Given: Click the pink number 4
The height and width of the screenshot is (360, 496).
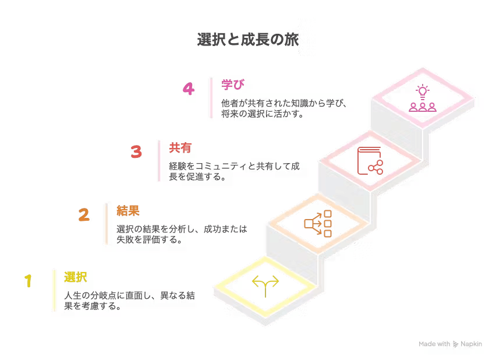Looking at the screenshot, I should pyautogui.click(x=188, y=89).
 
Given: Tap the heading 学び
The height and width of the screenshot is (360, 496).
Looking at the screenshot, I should pyautogui.click(x=233, y=84).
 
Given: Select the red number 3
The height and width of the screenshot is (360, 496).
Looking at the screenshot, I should pyautogui.click(x=136, y=153).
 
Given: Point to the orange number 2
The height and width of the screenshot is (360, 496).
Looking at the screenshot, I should pyautogui.click(x=84, y=216).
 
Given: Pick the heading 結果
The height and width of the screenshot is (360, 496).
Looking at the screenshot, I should pyautogui.click(x=128, y=211).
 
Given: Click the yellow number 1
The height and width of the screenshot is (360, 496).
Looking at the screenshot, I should pyautogui.click(x=28, y=282).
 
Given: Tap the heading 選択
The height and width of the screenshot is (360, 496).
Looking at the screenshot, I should pyautogui.click(x=76, y=277).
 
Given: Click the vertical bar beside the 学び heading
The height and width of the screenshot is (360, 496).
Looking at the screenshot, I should pyautogui.click(x=210, y=98).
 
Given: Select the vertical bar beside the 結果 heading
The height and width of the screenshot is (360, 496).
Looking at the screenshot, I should pyautogui.click(x=106, y=224).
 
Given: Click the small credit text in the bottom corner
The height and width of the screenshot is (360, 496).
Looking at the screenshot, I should pyautogui.click(x=452, y=344).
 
